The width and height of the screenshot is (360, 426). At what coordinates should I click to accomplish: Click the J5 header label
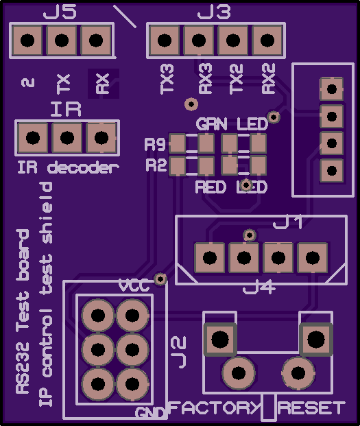click(60, 12)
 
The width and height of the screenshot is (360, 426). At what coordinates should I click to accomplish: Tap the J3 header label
click(214, 12)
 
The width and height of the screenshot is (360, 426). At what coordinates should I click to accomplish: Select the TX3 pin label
click(167, 79)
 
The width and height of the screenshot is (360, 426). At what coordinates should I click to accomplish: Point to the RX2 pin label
click(269, 79)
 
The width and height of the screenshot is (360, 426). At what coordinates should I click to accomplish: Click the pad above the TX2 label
click(233, 40)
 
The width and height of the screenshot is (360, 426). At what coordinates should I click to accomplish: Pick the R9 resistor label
click(155, 144)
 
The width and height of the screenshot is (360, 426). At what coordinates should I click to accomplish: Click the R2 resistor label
click(156, 165)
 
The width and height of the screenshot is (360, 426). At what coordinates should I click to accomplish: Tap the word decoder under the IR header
click(83, 167)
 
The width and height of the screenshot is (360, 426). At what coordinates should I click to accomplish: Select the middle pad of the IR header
click(67, 137)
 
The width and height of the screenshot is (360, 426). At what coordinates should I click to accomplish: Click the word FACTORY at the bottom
click(215, 407)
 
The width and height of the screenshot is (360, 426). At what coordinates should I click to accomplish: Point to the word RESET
click(311, 407)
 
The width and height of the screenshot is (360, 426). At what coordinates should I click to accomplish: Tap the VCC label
click(134, 286)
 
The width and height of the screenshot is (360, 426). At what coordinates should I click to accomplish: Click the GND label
click(151, 413)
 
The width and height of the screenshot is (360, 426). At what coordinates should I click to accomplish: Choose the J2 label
click(179, 352)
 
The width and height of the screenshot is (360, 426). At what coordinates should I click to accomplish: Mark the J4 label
click(259, 287)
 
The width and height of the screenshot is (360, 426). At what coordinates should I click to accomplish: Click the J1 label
click(287, 223)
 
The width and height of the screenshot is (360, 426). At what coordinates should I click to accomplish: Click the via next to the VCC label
click(160, 279)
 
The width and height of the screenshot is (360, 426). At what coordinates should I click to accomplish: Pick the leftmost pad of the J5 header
click(27, 40)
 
